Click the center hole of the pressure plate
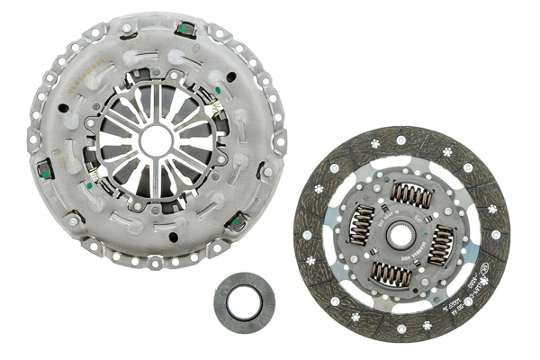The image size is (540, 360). (x=157, y=139)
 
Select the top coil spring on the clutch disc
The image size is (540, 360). (x=412, y=195)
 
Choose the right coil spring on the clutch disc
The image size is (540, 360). (x=440, y=246)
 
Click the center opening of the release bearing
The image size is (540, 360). (x=245, y=301)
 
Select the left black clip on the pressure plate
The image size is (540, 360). (x=42, y=167)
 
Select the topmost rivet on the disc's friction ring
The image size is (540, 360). (x=400, y=139)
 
